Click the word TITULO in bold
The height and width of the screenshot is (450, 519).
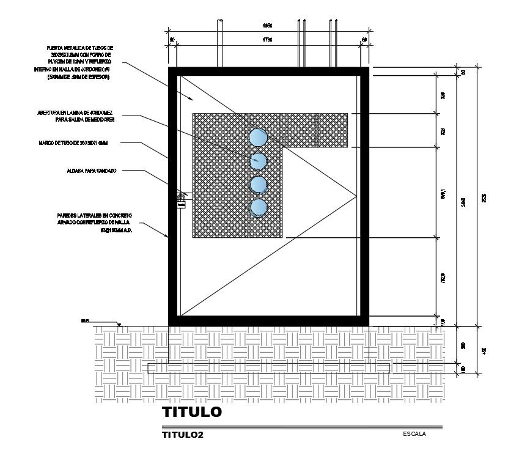pyautogui.click(x=191, y=412)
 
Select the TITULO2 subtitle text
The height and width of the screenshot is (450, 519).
pyautogui.click(x=182, y=435)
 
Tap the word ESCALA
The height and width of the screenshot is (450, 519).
pyautogui.click(x=414, y=434)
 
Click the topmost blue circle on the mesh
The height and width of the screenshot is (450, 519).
pyautogui.click(x=259, y=136)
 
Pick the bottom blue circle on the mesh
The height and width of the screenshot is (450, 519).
pyautogui.click(x=259, y=208)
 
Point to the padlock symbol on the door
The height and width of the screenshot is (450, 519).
pyautogui.click(x=181, y=201)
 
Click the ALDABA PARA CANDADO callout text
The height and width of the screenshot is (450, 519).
pyautogui.click(x=91, y=171)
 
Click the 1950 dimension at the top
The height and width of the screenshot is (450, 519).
pyautogui.click(x=267, y=26)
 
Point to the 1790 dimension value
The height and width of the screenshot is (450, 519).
pyautogui.click(x=267, y=40)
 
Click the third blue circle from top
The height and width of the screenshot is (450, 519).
pyautogui.click(x=259, y=184)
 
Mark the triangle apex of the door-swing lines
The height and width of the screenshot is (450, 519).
pyautogui.click(x=356, y=196)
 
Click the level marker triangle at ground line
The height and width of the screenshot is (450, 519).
pyautogui.click(x=120, y=325)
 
